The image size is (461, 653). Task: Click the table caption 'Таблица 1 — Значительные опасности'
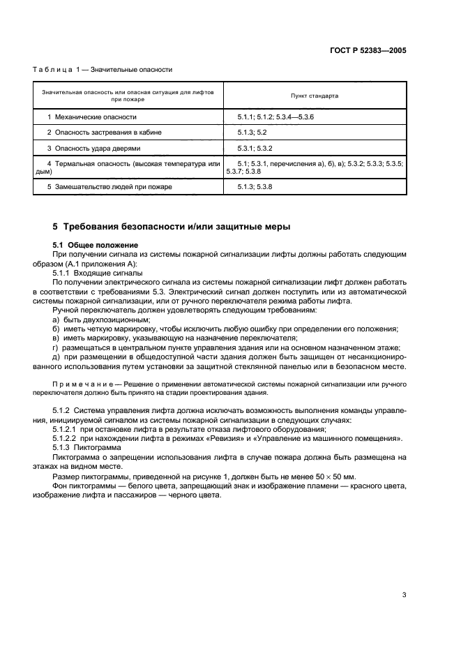[103, 70]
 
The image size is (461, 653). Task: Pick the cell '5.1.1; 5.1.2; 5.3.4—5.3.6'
[275, 117]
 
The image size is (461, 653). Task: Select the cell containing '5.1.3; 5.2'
[252, 132]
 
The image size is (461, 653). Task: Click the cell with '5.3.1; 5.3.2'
[255, 148]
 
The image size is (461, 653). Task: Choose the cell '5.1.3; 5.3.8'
[255, 187]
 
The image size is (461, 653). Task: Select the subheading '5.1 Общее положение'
[96, 245]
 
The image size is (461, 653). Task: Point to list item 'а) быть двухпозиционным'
[96, 319]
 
